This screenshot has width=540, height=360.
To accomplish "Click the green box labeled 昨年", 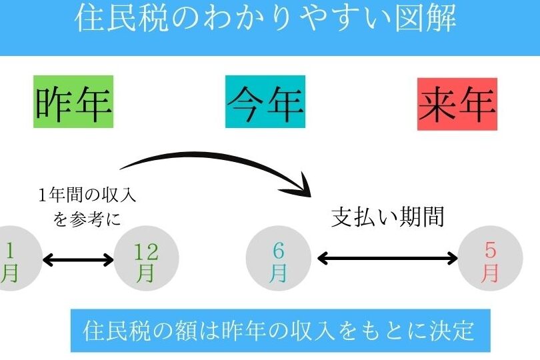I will (x=73, y=103).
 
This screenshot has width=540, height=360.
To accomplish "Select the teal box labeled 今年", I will (x=265, y=102).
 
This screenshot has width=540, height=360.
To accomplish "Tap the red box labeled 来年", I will (x=457, y=104).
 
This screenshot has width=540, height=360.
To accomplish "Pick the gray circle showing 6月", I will (x=279, y=259).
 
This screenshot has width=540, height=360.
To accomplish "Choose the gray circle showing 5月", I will (x=491, y=259).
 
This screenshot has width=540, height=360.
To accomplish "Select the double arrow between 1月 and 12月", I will (x=79, y=259).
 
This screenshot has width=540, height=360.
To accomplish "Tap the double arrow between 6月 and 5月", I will (x=387, y=259).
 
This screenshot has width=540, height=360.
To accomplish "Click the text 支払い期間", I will (x=387, y=217).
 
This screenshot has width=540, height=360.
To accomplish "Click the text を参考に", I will (x=87, y=219).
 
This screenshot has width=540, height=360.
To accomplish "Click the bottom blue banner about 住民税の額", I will (x=280, y=331).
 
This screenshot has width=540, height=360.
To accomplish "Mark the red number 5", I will (x=491, y=251).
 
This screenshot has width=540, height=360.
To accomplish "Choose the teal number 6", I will (x=279, y=251).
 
